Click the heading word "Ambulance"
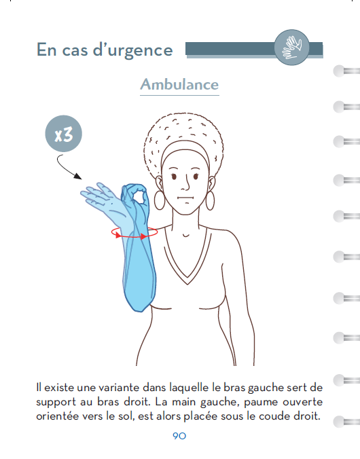[179, 85]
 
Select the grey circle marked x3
[63, 133]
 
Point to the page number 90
[179, 436]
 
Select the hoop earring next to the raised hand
[160, 200]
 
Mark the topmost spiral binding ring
[344, 71]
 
